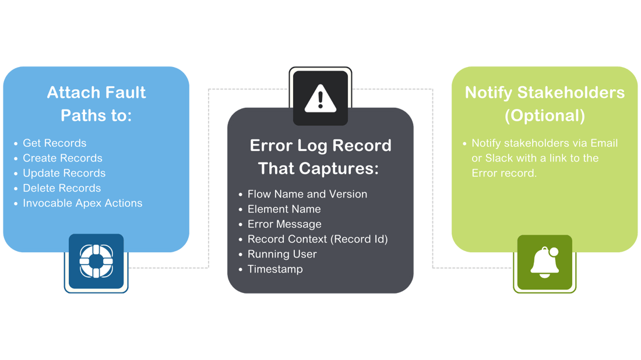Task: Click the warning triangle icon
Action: pyautogui.click(x=320, y=97)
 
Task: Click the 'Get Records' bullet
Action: pyautogui.click(x=54, y=143)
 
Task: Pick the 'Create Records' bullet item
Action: pyautogui.click(x=62, y=158)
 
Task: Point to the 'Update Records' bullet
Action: pyautogui.click(x=64, y=174)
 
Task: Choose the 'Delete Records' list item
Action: pyautogui.click(x=62, y=188)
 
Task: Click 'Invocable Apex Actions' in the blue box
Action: pyautogui.click(x=82, y=203)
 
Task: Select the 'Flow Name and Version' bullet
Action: pyautogui.click(x=307, y=194)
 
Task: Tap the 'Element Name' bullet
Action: pyautogui.click(x=284, y=209)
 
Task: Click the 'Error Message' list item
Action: pyautogui.click(x=284, y=224)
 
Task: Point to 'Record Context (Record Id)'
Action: pyautogui.click(x=318, y=239)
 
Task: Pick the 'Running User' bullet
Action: pyautogui.click(x=282, y=255)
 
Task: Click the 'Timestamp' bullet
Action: pyautogui.click(x=275, y=270)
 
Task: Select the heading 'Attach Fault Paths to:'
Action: pyautogui.click(x=96, y=104)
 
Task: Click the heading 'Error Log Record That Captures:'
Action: pyautogui.click(x=320, y=157)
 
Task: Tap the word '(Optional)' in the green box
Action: pyautogui.click(x=544, y=115)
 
